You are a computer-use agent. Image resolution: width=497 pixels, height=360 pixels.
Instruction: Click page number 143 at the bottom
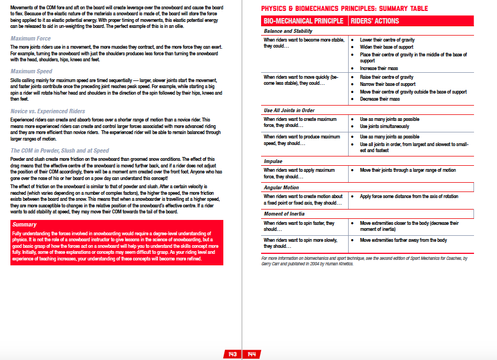click(233, 355)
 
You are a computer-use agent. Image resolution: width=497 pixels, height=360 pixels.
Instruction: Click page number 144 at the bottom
click(252, 355)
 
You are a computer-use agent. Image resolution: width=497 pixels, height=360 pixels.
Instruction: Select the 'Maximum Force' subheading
click(31, 39)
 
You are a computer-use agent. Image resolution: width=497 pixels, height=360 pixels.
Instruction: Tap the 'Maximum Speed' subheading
click(31, 71)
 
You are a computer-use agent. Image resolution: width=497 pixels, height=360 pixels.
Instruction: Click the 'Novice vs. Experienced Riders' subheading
click(48, 111)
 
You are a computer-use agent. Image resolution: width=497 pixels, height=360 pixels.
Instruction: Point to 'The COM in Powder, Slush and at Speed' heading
click(60, 150)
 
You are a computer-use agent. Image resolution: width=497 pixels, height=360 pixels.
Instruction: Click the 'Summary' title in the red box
click(24, 224)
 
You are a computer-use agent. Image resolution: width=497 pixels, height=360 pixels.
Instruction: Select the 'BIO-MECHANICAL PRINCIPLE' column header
click(303, 21)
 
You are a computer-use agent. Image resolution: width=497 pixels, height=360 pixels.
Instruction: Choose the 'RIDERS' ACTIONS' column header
click(377, 21)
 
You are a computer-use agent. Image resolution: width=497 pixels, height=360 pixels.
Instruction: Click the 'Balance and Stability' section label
click(288, 31)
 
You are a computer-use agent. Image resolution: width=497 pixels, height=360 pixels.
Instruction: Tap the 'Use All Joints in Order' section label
click(289, 111)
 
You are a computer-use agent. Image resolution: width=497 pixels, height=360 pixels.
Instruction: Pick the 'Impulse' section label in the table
click(273, 161)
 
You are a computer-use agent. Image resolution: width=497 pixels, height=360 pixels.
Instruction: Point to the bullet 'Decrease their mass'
click(380, 99)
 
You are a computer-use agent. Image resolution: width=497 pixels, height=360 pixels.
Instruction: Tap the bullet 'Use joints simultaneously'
click(385, 126)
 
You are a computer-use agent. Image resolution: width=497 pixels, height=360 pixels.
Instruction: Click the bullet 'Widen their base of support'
click(386, 47)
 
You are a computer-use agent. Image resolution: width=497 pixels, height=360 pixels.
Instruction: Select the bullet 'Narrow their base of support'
click(387, 84)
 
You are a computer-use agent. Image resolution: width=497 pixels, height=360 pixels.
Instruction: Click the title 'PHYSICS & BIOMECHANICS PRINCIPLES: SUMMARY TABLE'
click(344, 8)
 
